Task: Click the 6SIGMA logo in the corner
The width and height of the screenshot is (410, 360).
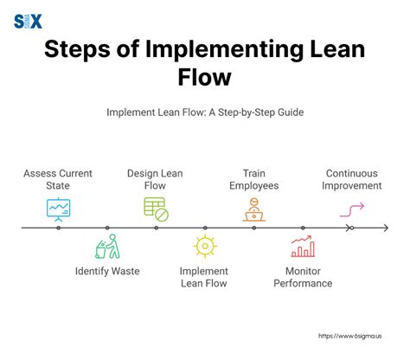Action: click(x=28, y=21)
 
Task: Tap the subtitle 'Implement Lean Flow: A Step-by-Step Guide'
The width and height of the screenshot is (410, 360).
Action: click(x=204, y=112)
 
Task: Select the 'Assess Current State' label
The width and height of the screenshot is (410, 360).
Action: click(x=59, y=178)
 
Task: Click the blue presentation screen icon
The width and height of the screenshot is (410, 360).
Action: click(x=59, y=209)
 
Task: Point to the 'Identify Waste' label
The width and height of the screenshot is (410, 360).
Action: click(x=107, y=271)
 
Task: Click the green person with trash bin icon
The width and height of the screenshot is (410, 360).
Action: click(x=107, y=247)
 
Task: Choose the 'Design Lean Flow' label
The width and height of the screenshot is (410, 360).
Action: click(x=156, y=178)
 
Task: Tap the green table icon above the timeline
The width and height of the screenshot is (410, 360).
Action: click(x=156, y=208)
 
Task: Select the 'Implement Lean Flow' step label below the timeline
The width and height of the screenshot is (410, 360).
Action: click(x=204, y=277)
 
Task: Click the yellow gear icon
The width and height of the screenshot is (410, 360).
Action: click(x=204, y=247)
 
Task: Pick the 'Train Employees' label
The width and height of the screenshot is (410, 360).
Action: click(x=253, y=178)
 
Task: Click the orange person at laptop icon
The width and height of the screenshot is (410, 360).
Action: click(x=253, y=209)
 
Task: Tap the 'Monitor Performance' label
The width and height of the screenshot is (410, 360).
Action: click(x=302, y=277)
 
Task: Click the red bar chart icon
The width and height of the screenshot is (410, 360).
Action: click(x=302, y=247)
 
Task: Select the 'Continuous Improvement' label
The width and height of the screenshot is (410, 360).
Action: click(x=353, y=178)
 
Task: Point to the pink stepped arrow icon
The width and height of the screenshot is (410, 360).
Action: click(x=352, y=209)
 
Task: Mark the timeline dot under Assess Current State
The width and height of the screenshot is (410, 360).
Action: click(x=59, y=228)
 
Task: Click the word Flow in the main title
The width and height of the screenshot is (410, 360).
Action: click(x=204, y=78)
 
